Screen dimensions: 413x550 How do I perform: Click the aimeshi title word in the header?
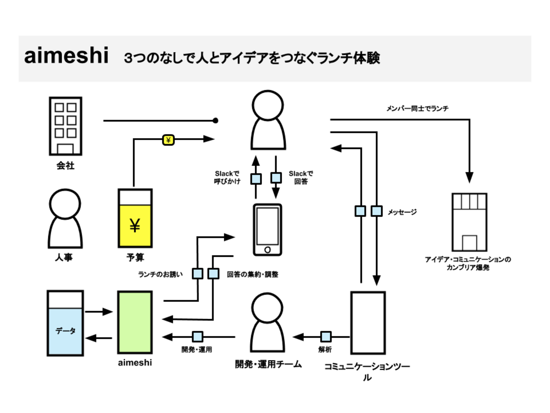66,56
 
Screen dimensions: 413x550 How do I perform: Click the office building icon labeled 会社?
66,126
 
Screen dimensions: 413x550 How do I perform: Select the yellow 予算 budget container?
135,219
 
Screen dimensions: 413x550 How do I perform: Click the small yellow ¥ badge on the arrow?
168,140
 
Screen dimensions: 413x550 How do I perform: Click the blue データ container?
65,323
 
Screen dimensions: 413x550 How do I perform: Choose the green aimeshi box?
135,322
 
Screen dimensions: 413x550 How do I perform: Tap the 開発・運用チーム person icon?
267,323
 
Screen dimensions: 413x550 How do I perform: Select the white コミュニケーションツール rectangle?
368,323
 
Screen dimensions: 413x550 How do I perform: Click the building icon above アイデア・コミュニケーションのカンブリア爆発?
469,222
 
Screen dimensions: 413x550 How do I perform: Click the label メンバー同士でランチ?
417,109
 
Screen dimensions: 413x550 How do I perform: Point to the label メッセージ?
402,212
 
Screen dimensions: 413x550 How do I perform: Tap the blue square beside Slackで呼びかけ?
256,179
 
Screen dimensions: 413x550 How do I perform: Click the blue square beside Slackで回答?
276,177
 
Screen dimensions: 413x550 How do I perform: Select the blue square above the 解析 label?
326,337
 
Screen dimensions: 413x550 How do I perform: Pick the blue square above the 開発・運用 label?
198,337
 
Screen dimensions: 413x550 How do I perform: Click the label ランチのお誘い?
160,274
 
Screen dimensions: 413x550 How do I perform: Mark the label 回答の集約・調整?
253,274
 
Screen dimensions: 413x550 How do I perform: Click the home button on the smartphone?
267,250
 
